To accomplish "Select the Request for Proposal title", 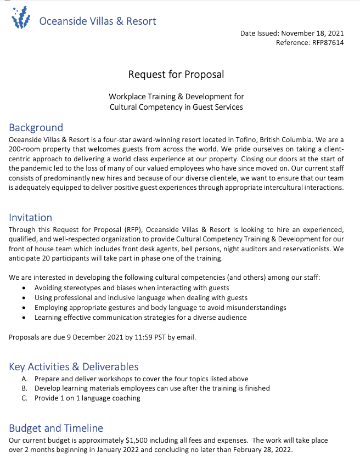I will (x=176, y=74).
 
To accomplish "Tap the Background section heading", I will (x=36, y=128).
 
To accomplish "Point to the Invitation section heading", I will (x=30, y=218).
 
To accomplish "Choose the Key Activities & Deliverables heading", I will (x=74, y=366).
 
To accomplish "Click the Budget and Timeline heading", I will (x=55, y=428).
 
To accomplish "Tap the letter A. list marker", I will (x=25, y=379).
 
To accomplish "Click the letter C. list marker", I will (x=25, y=398).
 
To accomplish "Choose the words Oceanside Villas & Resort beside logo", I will (x=98, y=21).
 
